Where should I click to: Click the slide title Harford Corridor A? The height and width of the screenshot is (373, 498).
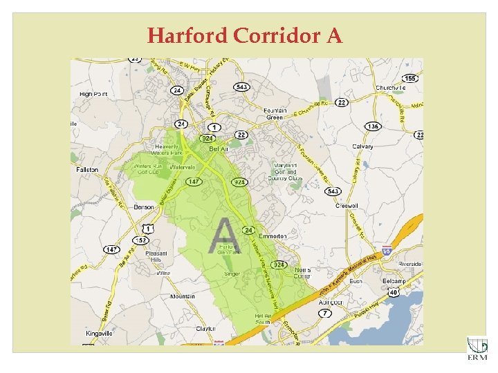point(245,35)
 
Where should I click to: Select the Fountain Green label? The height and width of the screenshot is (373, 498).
point(275,113)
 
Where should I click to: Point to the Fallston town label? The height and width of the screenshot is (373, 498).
point(87,169)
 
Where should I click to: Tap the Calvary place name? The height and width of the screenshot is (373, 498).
point(362,146)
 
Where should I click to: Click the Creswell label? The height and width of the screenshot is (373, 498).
point(346,206)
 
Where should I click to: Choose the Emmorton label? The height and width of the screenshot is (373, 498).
point(273,236)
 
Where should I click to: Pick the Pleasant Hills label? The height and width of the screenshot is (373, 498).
point(156,256)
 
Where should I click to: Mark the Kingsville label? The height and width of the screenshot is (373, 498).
point(100,334)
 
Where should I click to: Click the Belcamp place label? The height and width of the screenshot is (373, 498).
point(395,283)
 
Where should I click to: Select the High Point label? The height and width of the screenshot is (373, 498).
point(95,93)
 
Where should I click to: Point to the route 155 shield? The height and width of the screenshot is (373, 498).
point(410,78)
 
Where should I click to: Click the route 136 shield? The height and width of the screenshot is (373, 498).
point(373,126)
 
